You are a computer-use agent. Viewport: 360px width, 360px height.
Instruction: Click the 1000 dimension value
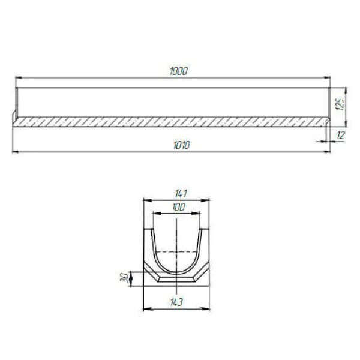(x=179, y=71)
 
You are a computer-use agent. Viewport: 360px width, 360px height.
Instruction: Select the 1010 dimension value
(x=182, y=145)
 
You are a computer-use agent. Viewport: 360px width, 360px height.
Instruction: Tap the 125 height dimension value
(x=341, y=104)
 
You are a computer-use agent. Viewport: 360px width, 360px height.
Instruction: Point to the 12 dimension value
(x=341, y=135)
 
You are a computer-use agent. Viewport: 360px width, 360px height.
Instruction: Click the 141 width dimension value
(x=181, y=194)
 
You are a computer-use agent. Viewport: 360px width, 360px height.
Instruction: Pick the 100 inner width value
(x=179, y=208)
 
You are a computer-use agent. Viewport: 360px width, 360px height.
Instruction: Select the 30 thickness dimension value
(x=124, y=278)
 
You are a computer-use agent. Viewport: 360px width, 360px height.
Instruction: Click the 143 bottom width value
(x=176, y=302)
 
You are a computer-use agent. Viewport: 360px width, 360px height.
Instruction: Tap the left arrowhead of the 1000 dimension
(x=19, y=78)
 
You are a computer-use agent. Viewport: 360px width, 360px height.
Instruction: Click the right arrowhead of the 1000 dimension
(x=327, y=78)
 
